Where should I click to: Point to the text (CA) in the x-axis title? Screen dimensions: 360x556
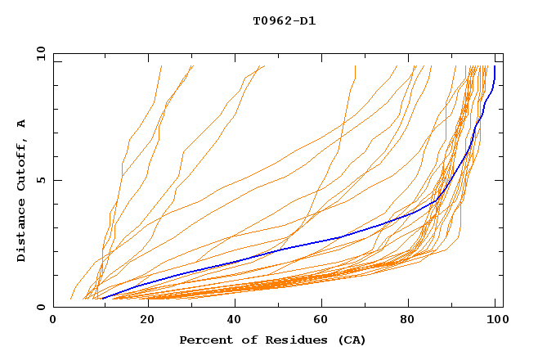click(x=352, y=340)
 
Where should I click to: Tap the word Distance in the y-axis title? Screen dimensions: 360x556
click(x=21, y=232)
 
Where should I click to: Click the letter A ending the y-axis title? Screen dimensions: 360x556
click(x=21, y=123)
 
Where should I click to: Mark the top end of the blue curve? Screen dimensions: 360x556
click(x=495, y=67)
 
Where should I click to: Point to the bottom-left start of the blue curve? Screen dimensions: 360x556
click(x=101, y=298)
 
